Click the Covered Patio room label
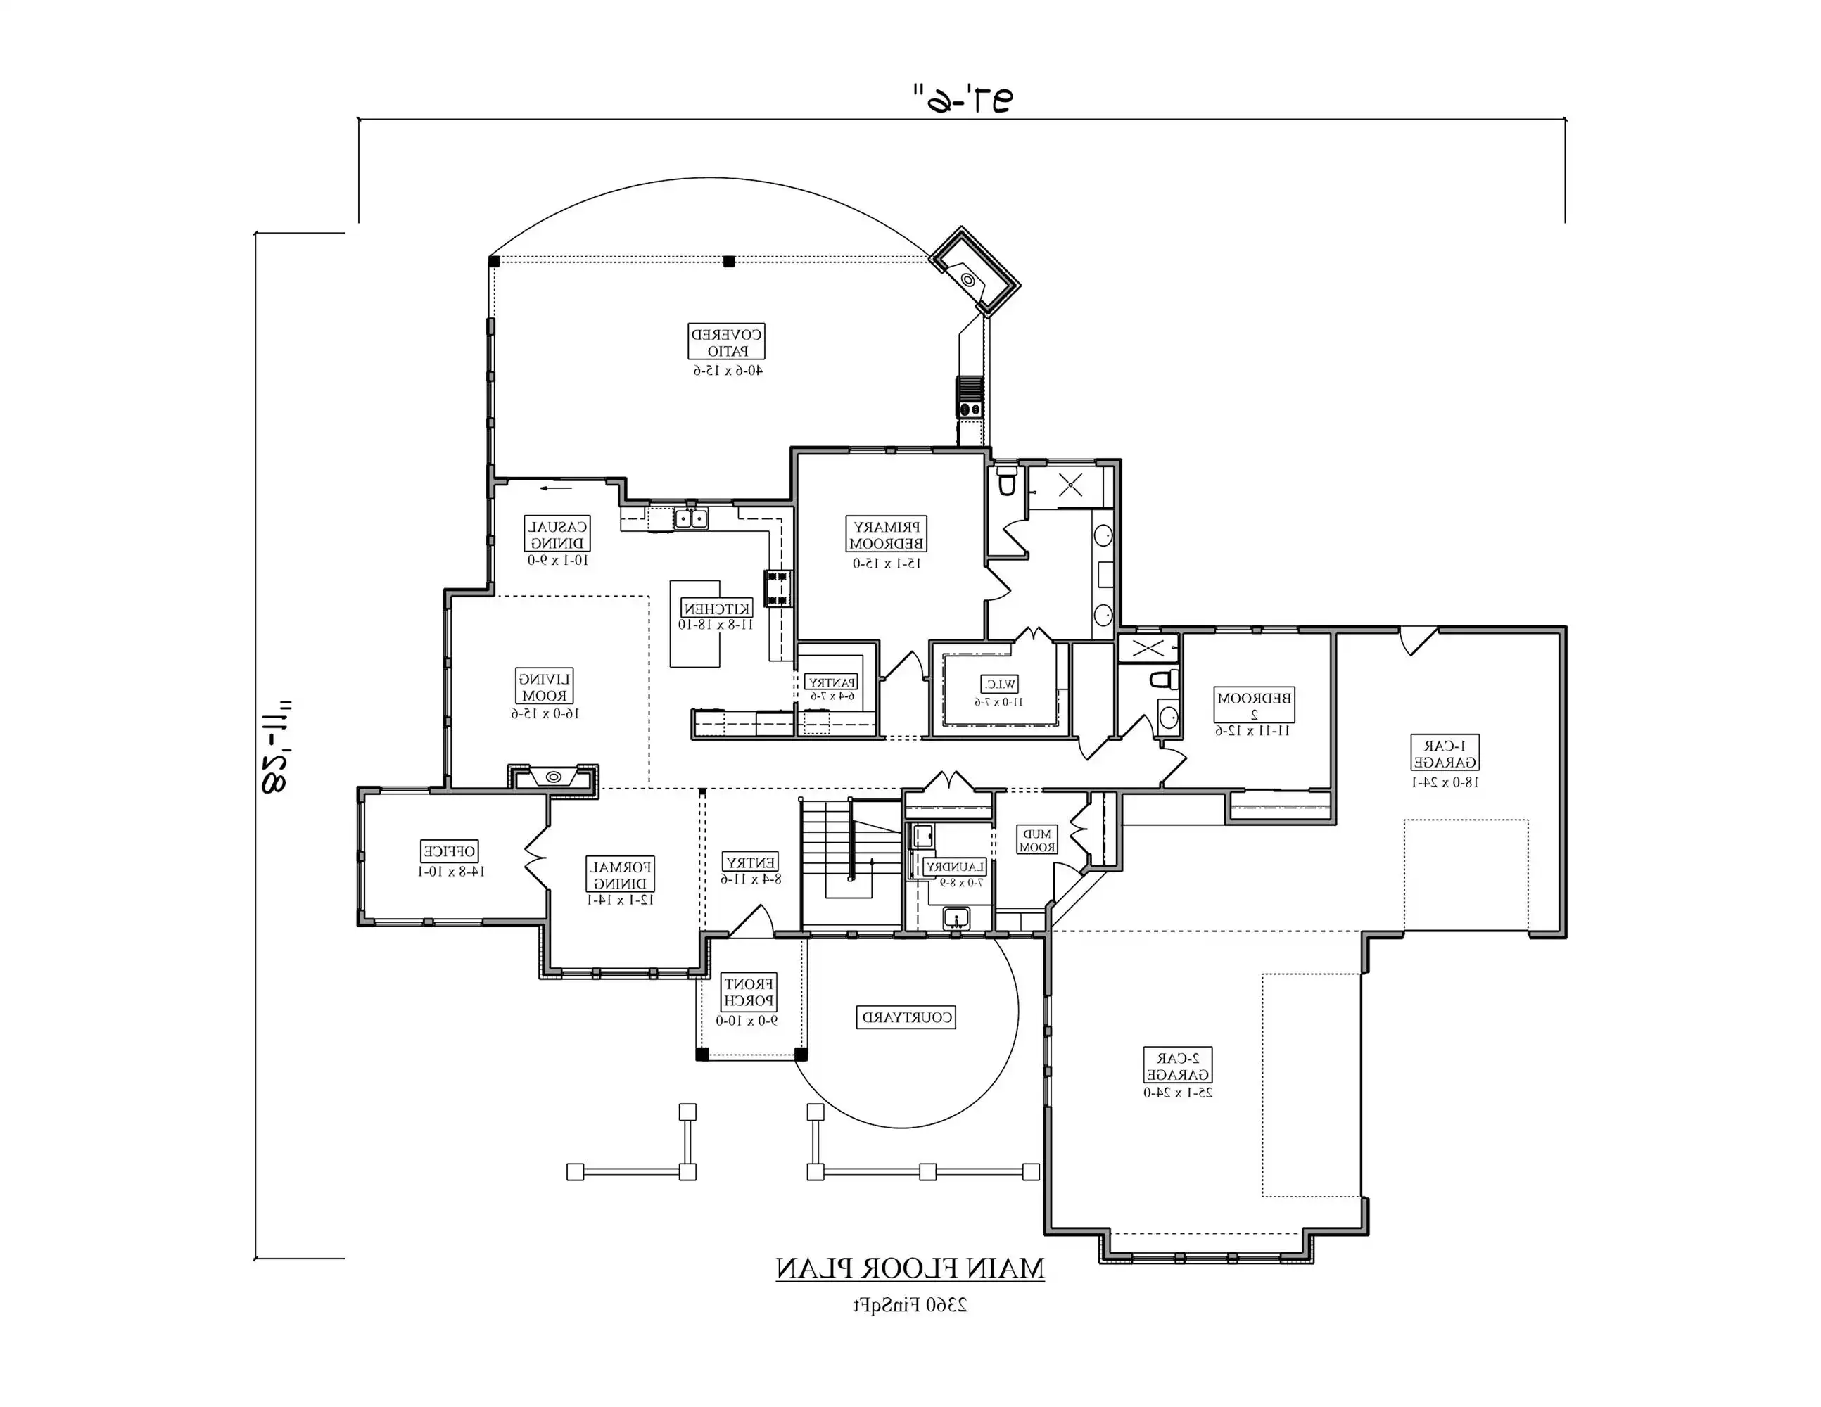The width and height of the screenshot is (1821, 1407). point(726,343)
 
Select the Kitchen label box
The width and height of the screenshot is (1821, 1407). point(716,609)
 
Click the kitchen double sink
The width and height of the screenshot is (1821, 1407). point(690,519)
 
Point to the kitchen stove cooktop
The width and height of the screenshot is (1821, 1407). point(777,587)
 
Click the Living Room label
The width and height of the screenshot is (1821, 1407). point(545,687)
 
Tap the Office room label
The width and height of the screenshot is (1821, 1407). point(450,851)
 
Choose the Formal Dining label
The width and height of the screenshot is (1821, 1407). point(621,875)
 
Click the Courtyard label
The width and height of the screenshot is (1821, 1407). point(906,1017)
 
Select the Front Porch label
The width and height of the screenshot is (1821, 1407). point(749,992)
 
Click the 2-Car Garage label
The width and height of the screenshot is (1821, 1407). point(1177,1066)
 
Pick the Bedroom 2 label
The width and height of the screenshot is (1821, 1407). point(1254,705)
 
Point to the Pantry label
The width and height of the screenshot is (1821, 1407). point(831,682)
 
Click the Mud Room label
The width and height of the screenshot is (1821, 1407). point(1037,839)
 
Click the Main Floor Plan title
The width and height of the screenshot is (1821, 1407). point(910,1268)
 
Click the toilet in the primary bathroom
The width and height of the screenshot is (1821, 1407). point(1007,481)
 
